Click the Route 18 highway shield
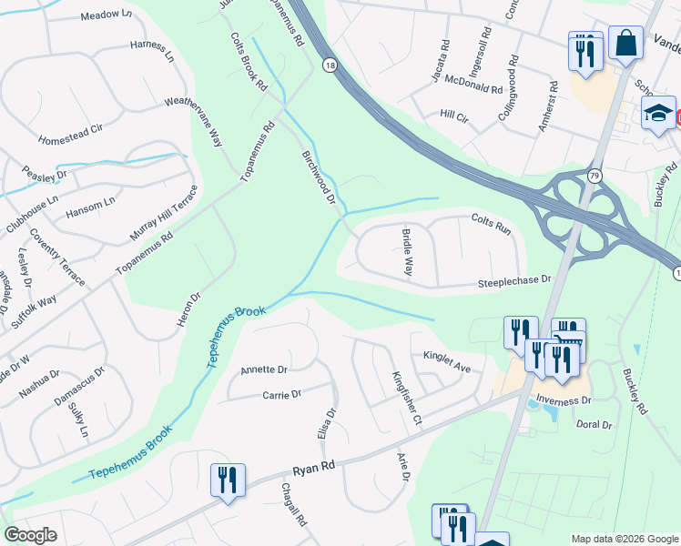pyautogui.click(x=330, y=65)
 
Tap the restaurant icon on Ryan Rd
pyautogui.click(x=227, y=480)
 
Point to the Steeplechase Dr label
pyautogui.click(x=515, y=283)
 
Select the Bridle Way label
pyautogui.click(x=407, y=254)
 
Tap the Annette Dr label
pyautogui.click(x=264, y=369)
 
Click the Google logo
pyautogui.click(x=31, y=535)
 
